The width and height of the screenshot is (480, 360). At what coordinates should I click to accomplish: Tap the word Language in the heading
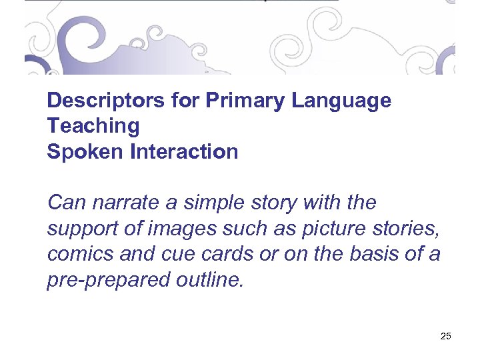[341, 101]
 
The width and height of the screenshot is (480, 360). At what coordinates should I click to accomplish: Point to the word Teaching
[93, 126]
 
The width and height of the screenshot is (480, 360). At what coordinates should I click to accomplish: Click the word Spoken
[85, 152]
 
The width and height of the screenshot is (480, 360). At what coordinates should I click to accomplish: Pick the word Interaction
[184, 152]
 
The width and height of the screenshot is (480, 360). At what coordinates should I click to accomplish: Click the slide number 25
[446, 336]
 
